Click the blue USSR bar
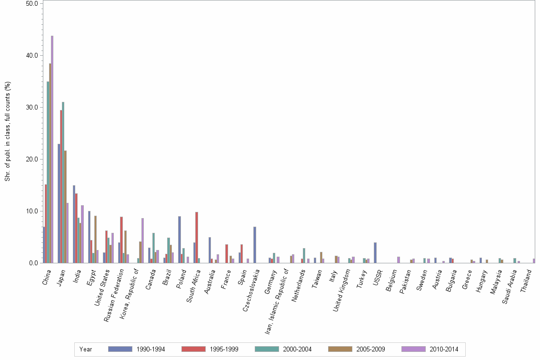click(375, 252)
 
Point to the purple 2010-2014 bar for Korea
click(142, 240)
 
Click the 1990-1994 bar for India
click(74, 224)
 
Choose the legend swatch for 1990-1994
click(120, 349)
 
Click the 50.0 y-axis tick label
click(33, 3)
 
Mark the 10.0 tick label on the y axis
click(33, 211)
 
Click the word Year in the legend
click(86, 350)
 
